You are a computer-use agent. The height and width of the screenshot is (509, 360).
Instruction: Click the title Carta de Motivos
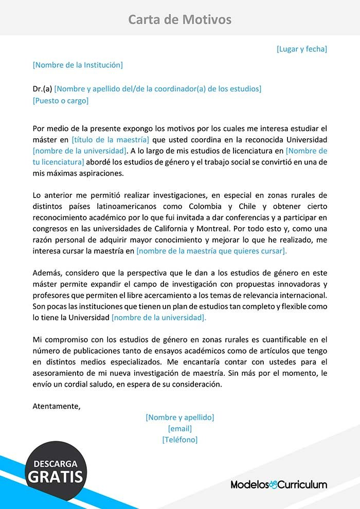[x=179, y=20]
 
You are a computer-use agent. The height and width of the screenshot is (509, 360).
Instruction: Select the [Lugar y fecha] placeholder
[x=302, y=49]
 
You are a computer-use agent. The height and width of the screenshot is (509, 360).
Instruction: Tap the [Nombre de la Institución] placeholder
[x=78, y=65]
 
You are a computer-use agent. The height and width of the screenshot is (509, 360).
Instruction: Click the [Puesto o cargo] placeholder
[x=61, y=100]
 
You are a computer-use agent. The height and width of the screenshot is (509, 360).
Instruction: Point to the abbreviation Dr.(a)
[x=42, y=88]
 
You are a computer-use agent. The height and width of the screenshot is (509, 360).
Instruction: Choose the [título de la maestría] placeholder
[x=111, y=139]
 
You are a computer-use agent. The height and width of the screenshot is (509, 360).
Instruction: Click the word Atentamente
[x=57, y=406]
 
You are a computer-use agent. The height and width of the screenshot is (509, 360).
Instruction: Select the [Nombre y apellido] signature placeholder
[x=180, y=417]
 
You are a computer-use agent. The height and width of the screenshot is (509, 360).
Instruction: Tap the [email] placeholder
[x=180, y=428]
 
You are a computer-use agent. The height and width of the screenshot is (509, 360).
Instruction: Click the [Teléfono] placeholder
[x=180, y=440]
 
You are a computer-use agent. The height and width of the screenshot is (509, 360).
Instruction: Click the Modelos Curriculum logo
[x=279, y=484]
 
